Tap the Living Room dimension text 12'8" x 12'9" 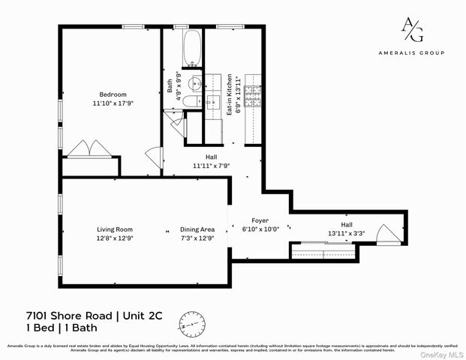(x=114, y=238)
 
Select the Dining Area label (x=197, y=229)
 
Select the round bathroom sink (x=194, y=82)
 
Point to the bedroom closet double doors (x=89, y=148)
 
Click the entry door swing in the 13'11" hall (x=388, y=233)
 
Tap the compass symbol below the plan (x=192, y=324)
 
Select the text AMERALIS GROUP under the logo (x=410, y=52)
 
